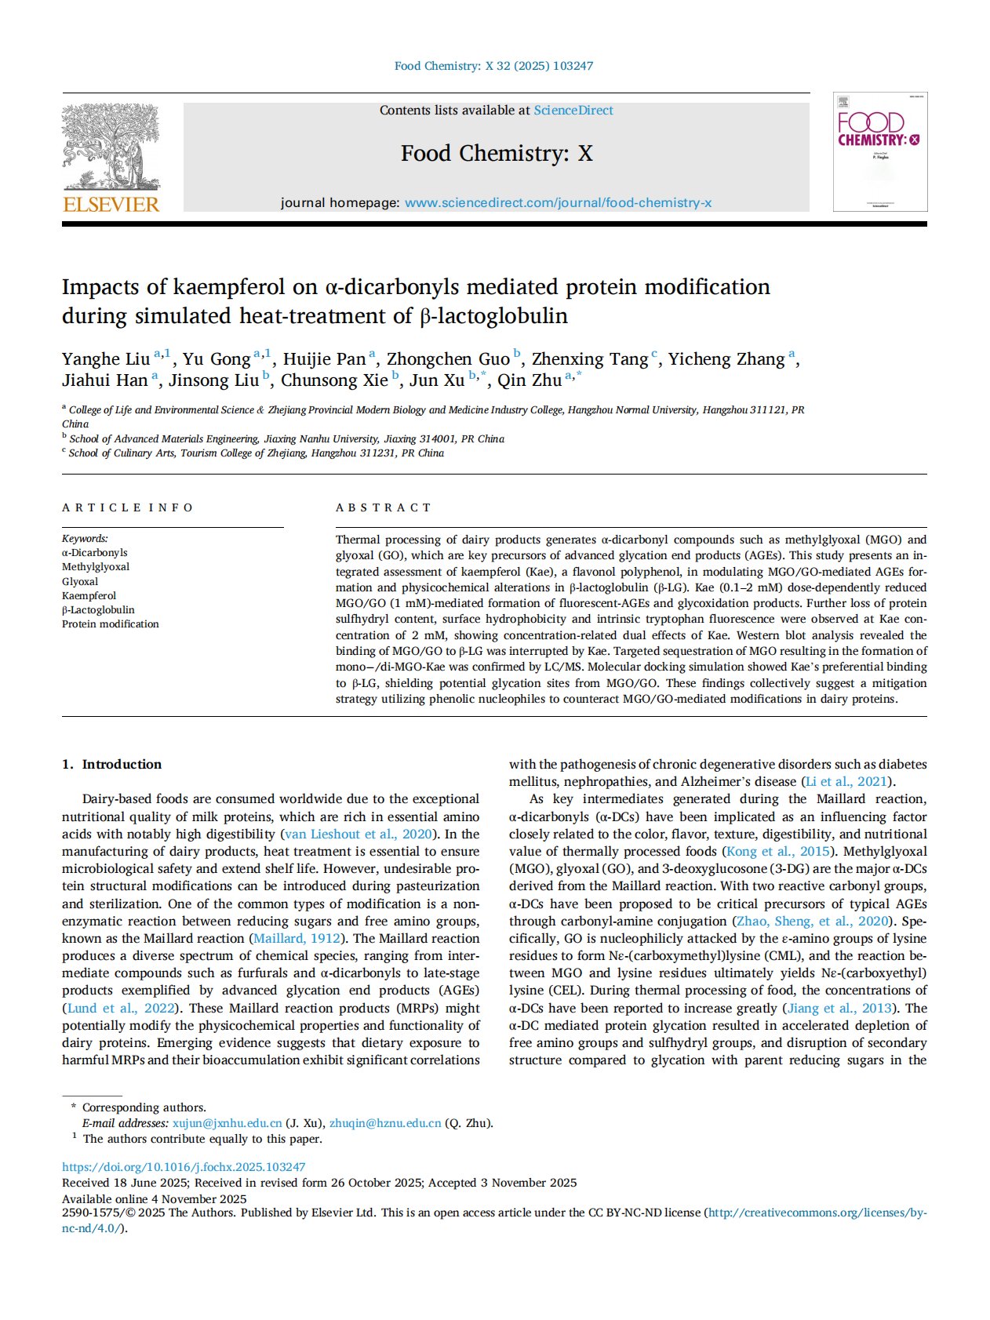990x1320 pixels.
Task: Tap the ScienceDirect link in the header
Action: click(573, 111)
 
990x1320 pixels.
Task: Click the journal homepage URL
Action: click(558, 203)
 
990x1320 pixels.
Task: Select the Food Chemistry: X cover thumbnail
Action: click(879, 152)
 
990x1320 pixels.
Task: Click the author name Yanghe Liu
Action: click(106, 359)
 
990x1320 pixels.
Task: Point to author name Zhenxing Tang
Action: click(589, 359)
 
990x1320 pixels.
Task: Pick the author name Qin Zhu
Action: click(530, 380)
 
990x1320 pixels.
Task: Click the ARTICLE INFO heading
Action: click(127, 507)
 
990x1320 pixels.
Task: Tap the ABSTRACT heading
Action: click(384, 507)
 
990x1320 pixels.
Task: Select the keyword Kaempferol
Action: click(89, 596)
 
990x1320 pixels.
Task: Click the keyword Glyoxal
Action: click(80, 582)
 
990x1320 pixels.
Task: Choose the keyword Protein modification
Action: click(110, 624)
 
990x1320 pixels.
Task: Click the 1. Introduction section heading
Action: click(111, 765)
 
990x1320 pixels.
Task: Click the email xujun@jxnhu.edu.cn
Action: click(227, 1123)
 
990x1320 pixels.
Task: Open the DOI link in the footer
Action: click(184, 1167)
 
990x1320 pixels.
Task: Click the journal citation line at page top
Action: click(493, 66)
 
